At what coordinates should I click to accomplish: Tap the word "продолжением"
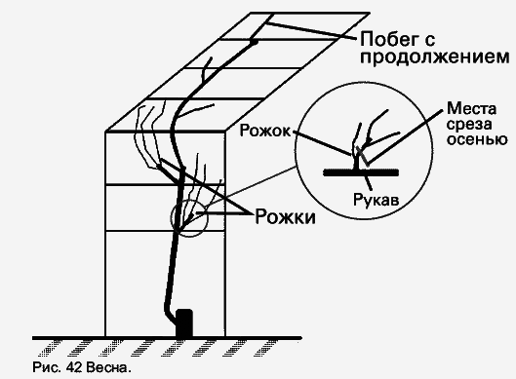point(425,58)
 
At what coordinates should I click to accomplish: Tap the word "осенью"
point(473,139)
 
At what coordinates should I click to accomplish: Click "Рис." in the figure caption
point(47,368)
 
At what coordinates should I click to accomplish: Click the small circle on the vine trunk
point(190,219)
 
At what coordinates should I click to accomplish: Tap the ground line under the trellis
point(293,340)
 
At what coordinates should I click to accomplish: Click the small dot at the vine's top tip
point(254,41)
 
